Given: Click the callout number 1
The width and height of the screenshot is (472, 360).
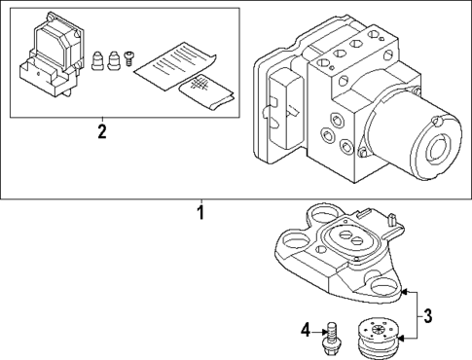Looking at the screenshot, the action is click(201, 212).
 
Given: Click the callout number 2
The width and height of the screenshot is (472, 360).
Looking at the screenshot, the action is click(102, 131).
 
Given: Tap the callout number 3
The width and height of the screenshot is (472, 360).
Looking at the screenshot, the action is click(427, 316).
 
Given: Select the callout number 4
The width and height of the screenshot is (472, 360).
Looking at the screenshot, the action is click(306, 331).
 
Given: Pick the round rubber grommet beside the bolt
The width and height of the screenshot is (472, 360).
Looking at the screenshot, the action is click(378, 339).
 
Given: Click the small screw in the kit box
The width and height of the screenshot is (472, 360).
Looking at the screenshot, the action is click(129, 58).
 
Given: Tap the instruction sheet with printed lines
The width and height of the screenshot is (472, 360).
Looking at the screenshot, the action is click(175, 66).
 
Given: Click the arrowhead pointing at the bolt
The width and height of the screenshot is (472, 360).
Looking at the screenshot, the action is click(324, 332).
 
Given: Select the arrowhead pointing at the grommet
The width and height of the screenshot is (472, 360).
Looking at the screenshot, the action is click(400, 339).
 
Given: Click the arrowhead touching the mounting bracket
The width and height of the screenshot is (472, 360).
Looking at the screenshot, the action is click(404, 292).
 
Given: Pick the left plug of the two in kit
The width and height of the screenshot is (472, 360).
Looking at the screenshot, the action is click(97, 60).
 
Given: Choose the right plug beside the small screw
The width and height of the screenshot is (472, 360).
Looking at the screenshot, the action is click(113, 60).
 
